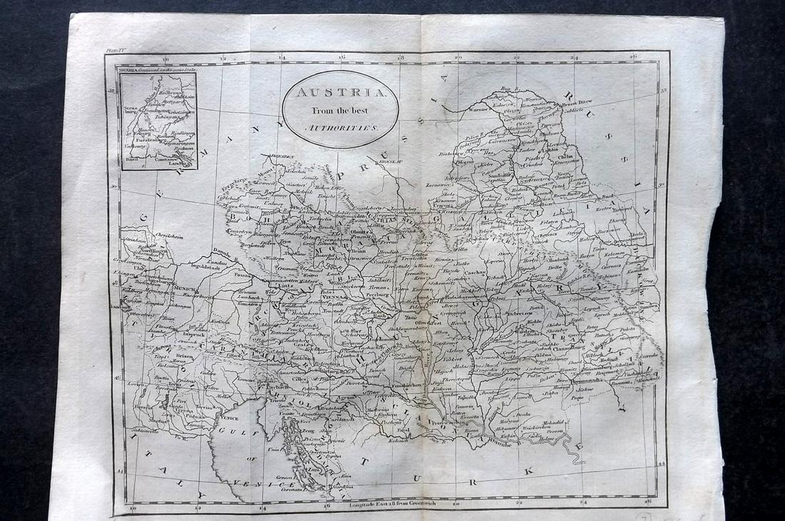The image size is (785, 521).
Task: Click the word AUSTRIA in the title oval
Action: tap(338, 93)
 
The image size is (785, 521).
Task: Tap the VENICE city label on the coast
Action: tap(230, 418)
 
